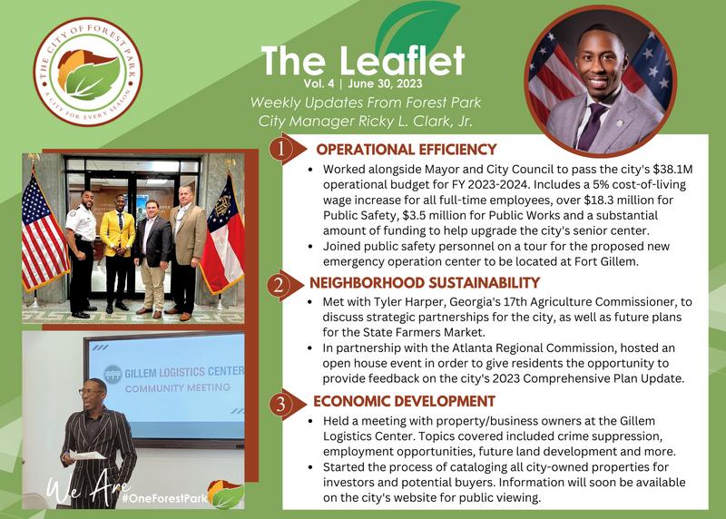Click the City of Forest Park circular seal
coord(88,72)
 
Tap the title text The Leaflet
coord(362,61)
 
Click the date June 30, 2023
coord(385,83)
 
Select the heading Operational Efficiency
coord(407,150)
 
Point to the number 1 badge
coord(280,150)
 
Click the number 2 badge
coord(279,284)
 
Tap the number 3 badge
coord(280,404)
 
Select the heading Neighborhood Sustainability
coord(425,283)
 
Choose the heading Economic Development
coord(404,401)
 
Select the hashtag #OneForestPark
coord(164,499)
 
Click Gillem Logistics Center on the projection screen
coord(184,372)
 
